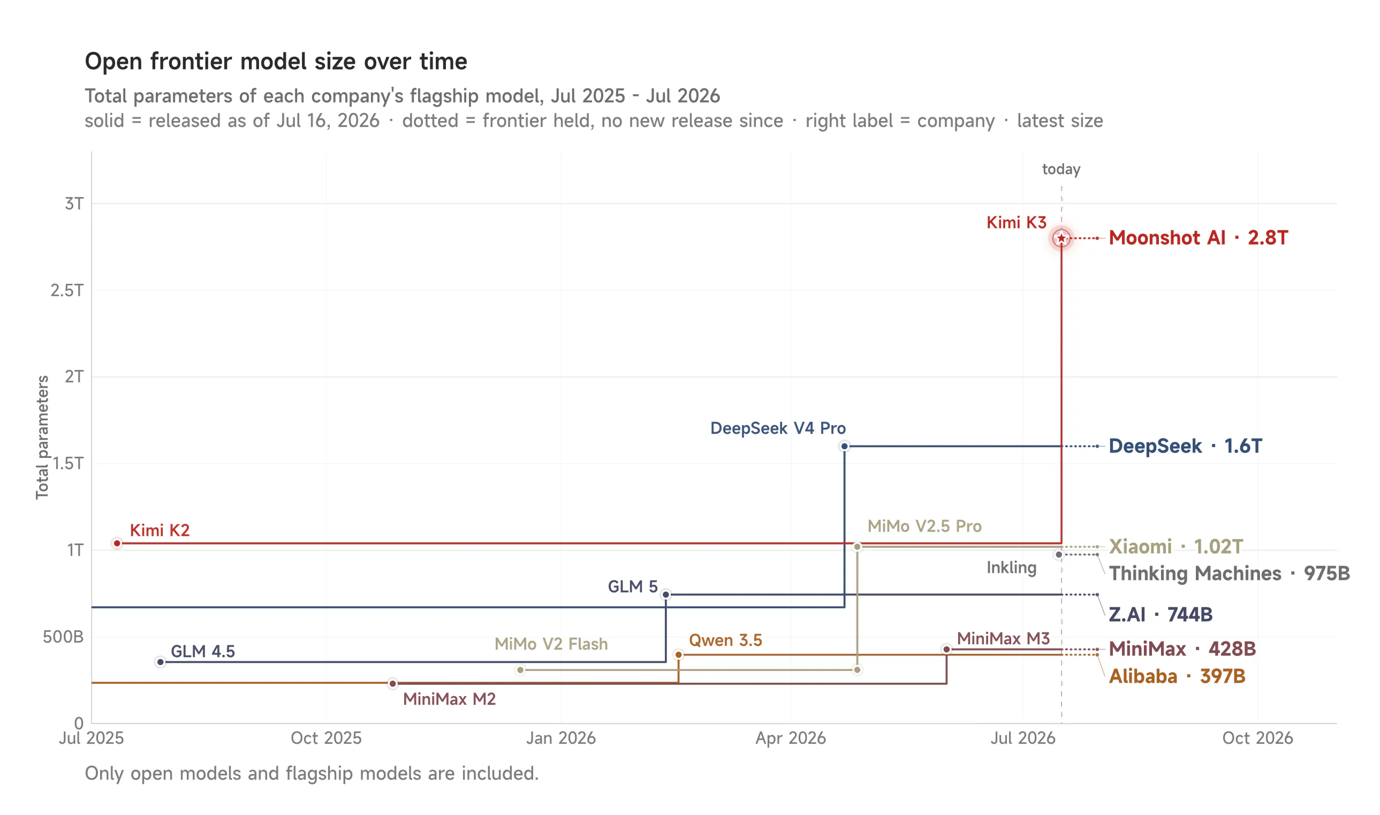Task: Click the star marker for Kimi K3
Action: [1061, 238]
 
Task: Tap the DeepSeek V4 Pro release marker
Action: [844, 447]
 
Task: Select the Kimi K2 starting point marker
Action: [117, 543]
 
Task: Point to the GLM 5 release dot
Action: [666, 594]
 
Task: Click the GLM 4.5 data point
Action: [160, 662]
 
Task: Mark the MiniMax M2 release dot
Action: [392, 684]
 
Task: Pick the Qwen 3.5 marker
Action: [678, 655]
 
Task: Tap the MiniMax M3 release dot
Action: [946, 649]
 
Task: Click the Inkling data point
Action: [1059, 555]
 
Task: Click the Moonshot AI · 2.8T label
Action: [1199, 238]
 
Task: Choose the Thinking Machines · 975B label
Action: [1230, 573]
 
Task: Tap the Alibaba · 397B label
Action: [1177, 676]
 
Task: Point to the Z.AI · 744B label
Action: [1161, 614]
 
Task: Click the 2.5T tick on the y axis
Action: [67, 290]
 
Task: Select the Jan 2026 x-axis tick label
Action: [561, 737]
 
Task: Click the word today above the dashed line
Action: [1061, 169]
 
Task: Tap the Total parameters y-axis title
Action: [42, 437]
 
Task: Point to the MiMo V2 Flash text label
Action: [551, 644]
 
